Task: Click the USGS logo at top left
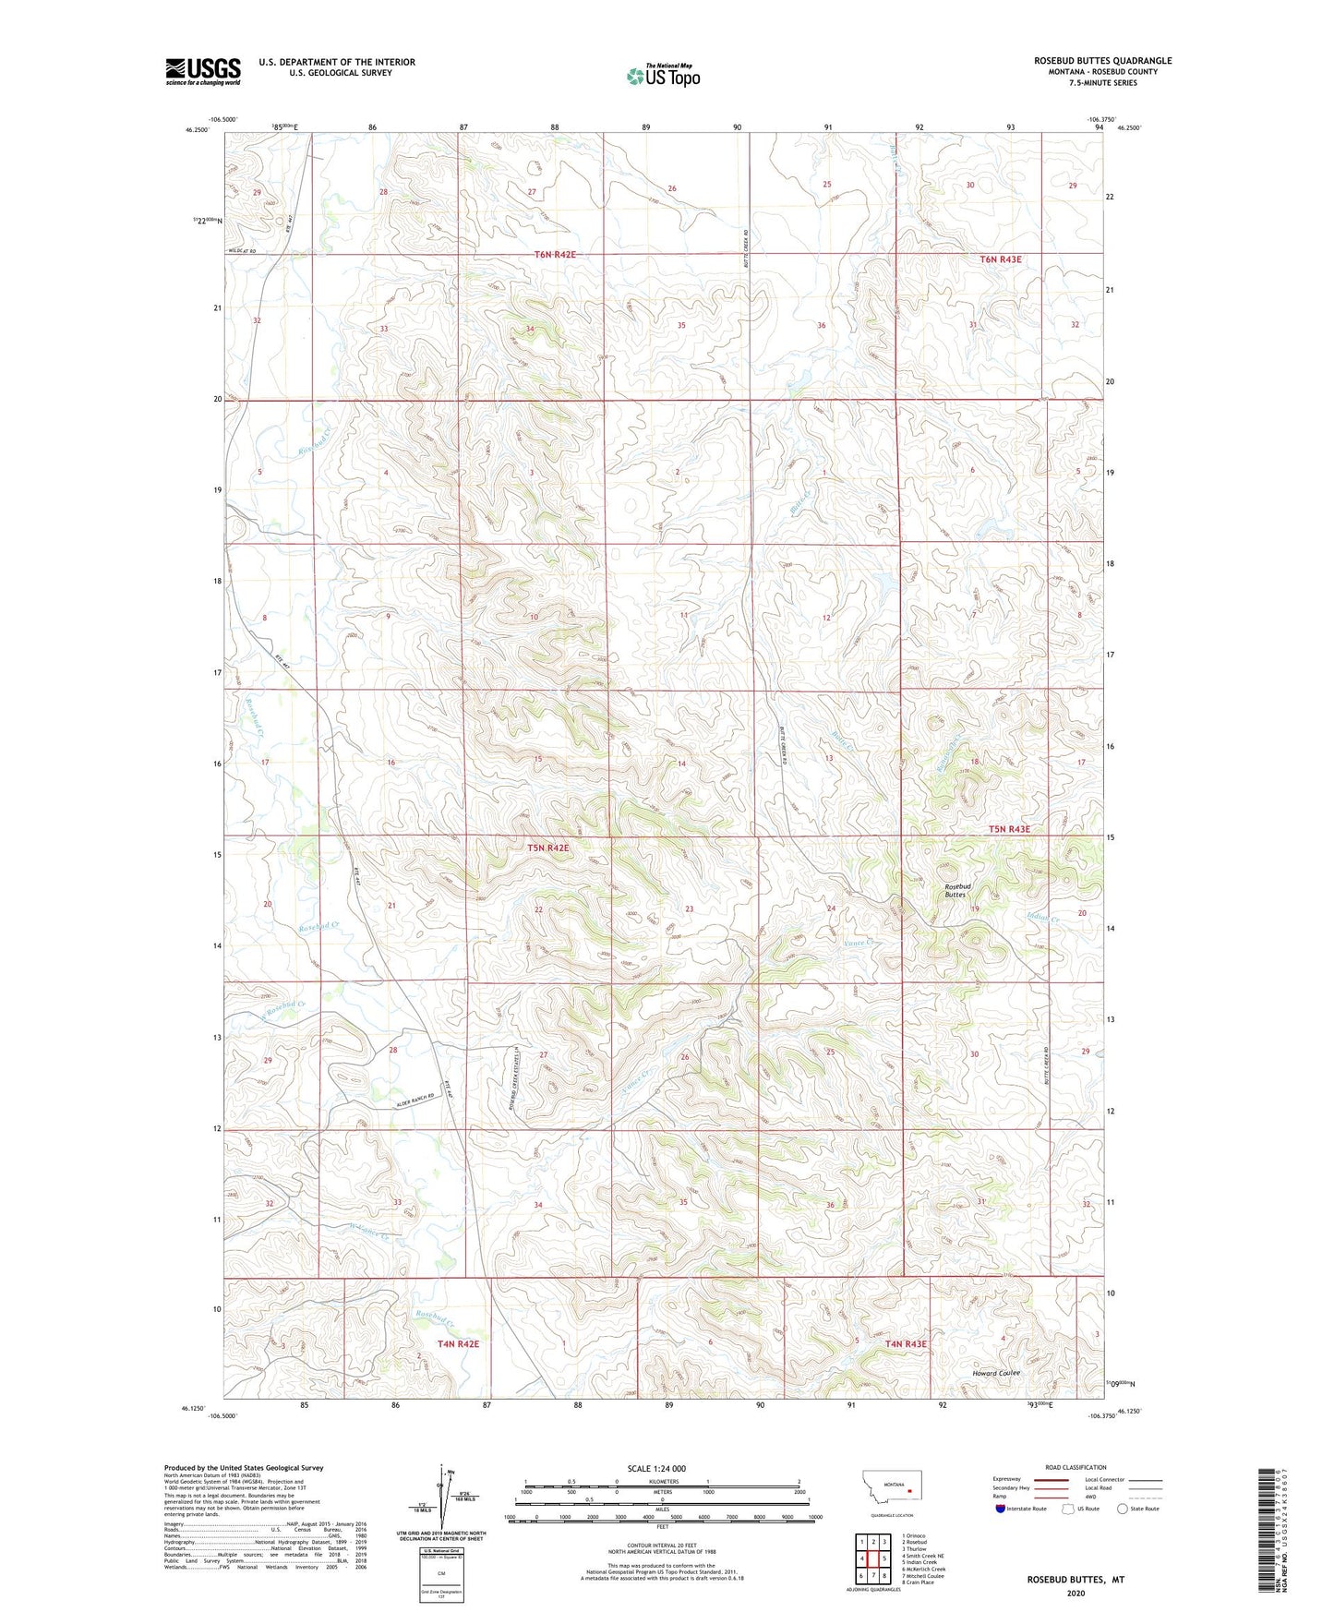point(203,71)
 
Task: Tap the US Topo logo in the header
point(663,75)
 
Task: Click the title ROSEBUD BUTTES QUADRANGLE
point(1102,61)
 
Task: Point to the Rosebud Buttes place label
point(955,890)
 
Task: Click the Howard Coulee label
point(996,1373)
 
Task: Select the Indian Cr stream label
point(1042,919)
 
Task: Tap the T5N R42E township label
point(548,848)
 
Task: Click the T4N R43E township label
point(906,1344)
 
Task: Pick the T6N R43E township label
point(1001,259)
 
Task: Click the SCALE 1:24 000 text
point(656,1469)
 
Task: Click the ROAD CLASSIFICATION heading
point(1076,1467)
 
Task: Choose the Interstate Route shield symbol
point(1002,1509)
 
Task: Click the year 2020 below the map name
point(1075,1593)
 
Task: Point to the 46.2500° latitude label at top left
point(197,130)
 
